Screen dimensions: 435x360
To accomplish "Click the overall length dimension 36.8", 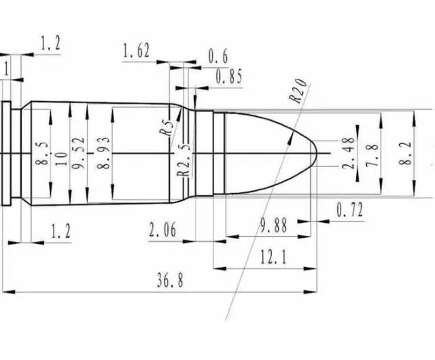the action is [x=170, y=280].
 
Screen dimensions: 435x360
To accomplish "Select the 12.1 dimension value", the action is [x=273, y=257].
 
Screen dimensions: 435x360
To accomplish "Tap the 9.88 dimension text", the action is [x=273, y=225].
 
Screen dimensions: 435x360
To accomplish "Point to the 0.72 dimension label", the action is [x=349, y=210].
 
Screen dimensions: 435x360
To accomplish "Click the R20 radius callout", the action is [x=298, y=90].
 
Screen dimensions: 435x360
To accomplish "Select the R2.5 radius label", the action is [x=184, y=160].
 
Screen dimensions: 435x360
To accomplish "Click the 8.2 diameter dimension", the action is [x=406, y=154].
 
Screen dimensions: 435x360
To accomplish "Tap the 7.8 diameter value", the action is [x=372, y=156].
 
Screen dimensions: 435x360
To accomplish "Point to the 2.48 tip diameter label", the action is [x=349, y=153].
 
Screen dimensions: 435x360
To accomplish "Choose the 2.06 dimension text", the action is [x=162, y=230].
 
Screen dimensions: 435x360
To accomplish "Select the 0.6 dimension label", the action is [x=218, y=56].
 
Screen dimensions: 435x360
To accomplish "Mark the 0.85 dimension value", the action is [x=229, y=77].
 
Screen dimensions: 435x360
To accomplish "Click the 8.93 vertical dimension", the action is [x=103, y=153].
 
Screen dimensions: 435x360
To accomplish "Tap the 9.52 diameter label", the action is [x=78, y=153].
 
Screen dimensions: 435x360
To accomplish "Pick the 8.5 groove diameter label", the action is [x=42, y=154].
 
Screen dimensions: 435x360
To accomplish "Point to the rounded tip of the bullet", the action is [x=317, y=153].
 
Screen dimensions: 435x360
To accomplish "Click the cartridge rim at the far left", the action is [x=6, y=154].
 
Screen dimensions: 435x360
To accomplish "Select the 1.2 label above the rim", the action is [x=50, y=43].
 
